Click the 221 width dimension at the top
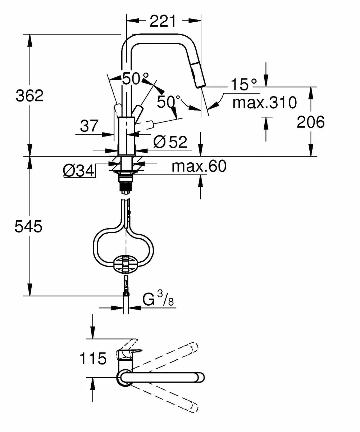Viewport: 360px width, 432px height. point(163,22)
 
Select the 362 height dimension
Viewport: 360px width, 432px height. point(29,96)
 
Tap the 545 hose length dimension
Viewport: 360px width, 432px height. point(28,227)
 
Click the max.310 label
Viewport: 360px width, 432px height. point(264,103)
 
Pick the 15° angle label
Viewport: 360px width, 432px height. point(244,85)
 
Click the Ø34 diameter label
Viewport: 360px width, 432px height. point(78,170)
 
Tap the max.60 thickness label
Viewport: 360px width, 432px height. point(199,166)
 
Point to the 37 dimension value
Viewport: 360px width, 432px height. point(89,126)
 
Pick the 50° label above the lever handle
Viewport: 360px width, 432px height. point(135,78)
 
